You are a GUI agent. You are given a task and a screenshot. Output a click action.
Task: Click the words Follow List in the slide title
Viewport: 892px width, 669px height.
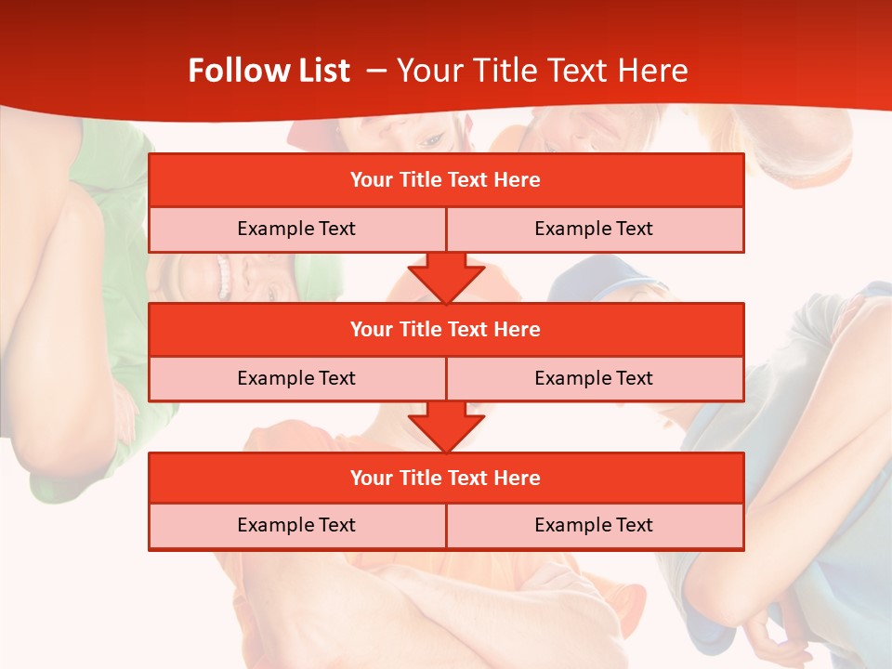tap(269, 71)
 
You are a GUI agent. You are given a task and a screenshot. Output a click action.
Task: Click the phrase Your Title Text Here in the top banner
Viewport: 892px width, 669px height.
tap(543, 71)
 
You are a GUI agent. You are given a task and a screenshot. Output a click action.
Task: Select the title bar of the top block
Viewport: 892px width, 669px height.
tap(446, 180)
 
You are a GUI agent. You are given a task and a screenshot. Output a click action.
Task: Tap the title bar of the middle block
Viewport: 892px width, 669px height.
tap(446, 330)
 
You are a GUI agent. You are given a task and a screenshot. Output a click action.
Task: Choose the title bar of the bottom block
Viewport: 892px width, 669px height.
tap(446, 479)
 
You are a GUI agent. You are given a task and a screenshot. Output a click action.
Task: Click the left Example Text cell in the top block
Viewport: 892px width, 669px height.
tap(296, 230)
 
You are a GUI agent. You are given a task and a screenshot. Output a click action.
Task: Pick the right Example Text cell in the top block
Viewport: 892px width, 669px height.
tap(594, 230)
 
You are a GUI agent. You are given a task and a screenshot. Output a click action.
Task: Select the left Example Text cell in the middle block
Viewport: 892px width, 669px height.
tap(296, 379)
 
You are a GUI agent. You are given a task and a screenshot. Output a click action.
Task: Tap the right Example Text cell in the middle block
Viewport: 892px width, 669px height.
tap(594, 379)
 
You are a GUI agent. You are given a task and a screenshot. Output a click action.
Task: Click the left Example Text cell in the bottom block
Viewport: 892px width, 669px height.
tap(296, 526)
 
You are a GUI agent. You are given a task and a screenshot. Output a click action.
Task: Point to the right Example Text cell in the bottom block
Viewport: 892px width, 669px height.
tap(594, 526)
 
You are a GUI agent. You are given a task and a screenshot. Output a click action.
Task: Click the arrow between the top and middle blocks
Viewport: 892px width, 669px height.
tap(446, 278)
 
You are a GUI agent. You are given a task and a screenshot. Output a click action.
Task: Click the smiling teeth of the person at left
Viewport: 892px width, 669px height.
tap(223, 276)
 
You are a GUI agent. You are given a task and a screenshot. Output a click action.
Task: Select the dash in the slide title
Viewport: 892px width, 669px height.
tap(376, 71)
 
